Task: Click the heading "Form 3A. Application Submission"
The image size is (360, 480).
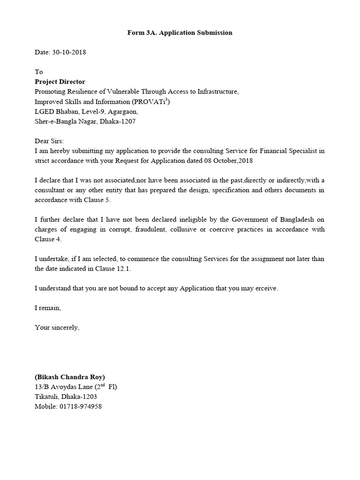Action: pos(180,33)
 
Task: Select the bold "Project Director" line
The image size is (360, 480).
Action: pos(60,82)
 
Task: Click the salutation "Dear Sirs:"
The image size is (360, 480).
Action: pos(49,141)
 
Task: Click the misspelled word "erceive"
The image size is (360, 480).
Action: pos(265,288)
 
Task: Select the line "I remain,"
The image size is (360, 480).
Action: pos(48,308)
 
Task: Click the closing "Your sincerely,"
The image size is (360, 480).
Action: pos(57,328)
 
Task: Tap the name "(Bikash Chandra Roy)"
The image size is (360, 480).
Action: pos(70,377)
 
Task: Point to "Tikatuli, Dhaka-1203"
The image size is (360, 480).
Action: pos(66,397)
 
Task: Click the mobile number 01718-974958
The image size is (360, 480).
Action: pos(81,406)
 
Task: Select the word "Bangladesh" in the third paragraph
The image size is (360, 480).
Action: pos(298,220)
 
